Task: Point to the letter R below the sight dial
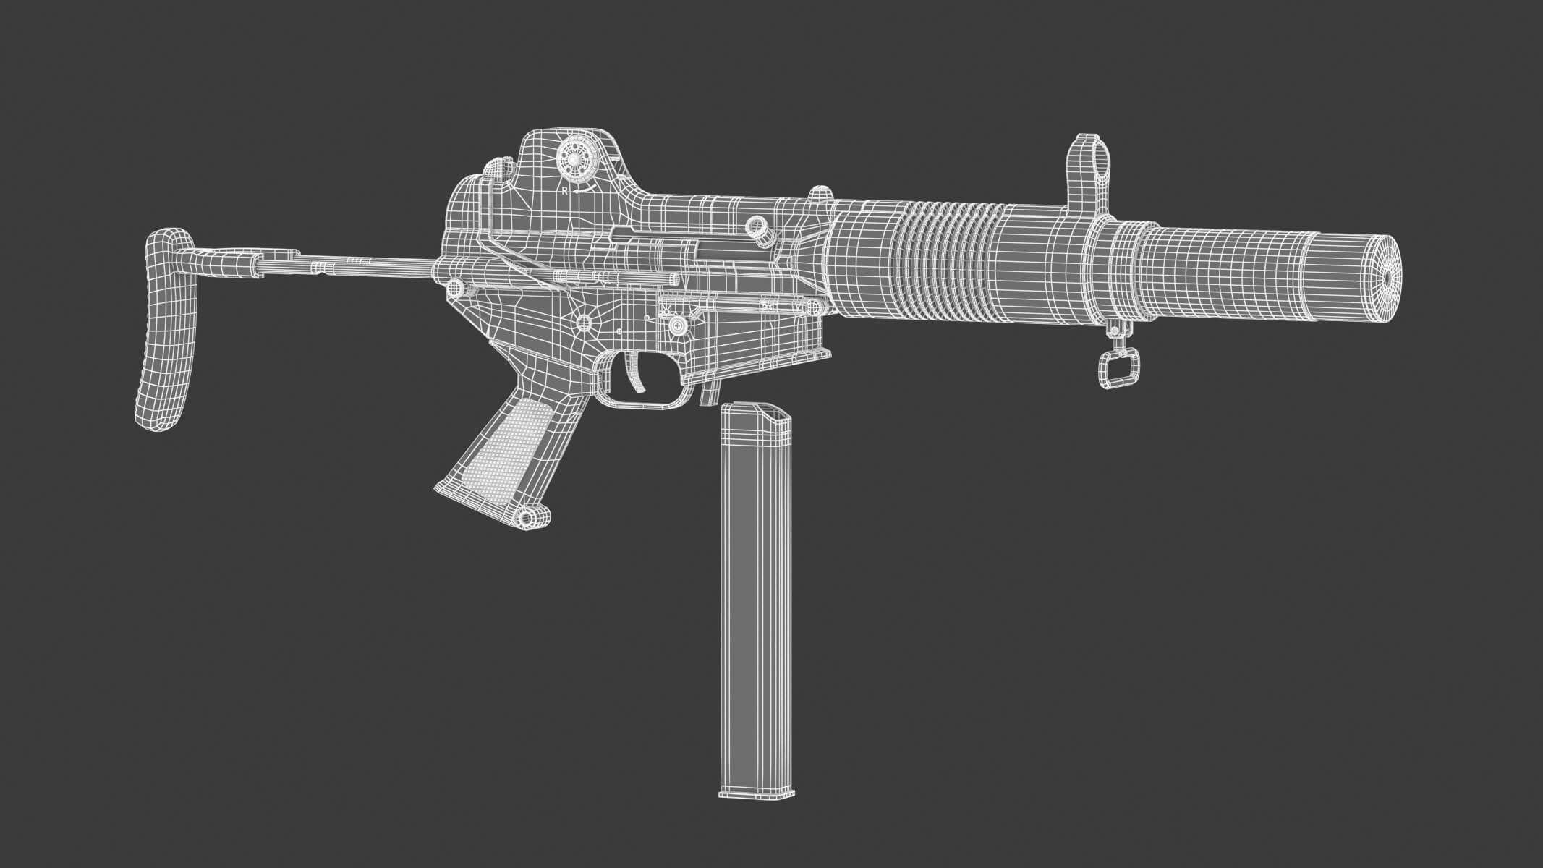click(x=565, y=191)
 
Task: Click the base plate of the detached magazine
click(x=755, y=792)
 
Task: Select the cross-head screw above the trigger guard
click(x=678, y=326)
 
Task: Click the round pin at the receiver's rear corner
click(x=456, y=289)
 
